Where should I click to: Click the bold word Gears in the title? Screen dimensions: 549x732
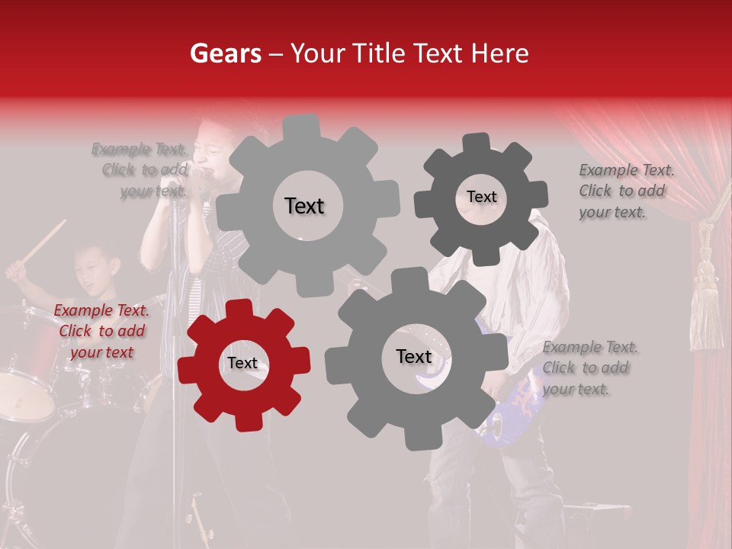pos(225,54)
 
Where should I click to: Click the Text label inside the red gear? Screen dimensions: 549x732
pos(242,364)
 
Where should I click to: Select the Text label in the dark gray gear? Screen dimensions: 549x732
pos(481,197)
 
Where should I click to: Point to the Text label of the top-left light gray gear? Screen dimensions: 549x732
pos(304,206)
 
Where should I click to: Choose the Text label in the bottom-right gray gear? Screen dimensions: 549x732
pos(413,357)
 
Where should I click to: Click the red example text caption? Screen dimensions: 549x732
pos(101,332)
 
